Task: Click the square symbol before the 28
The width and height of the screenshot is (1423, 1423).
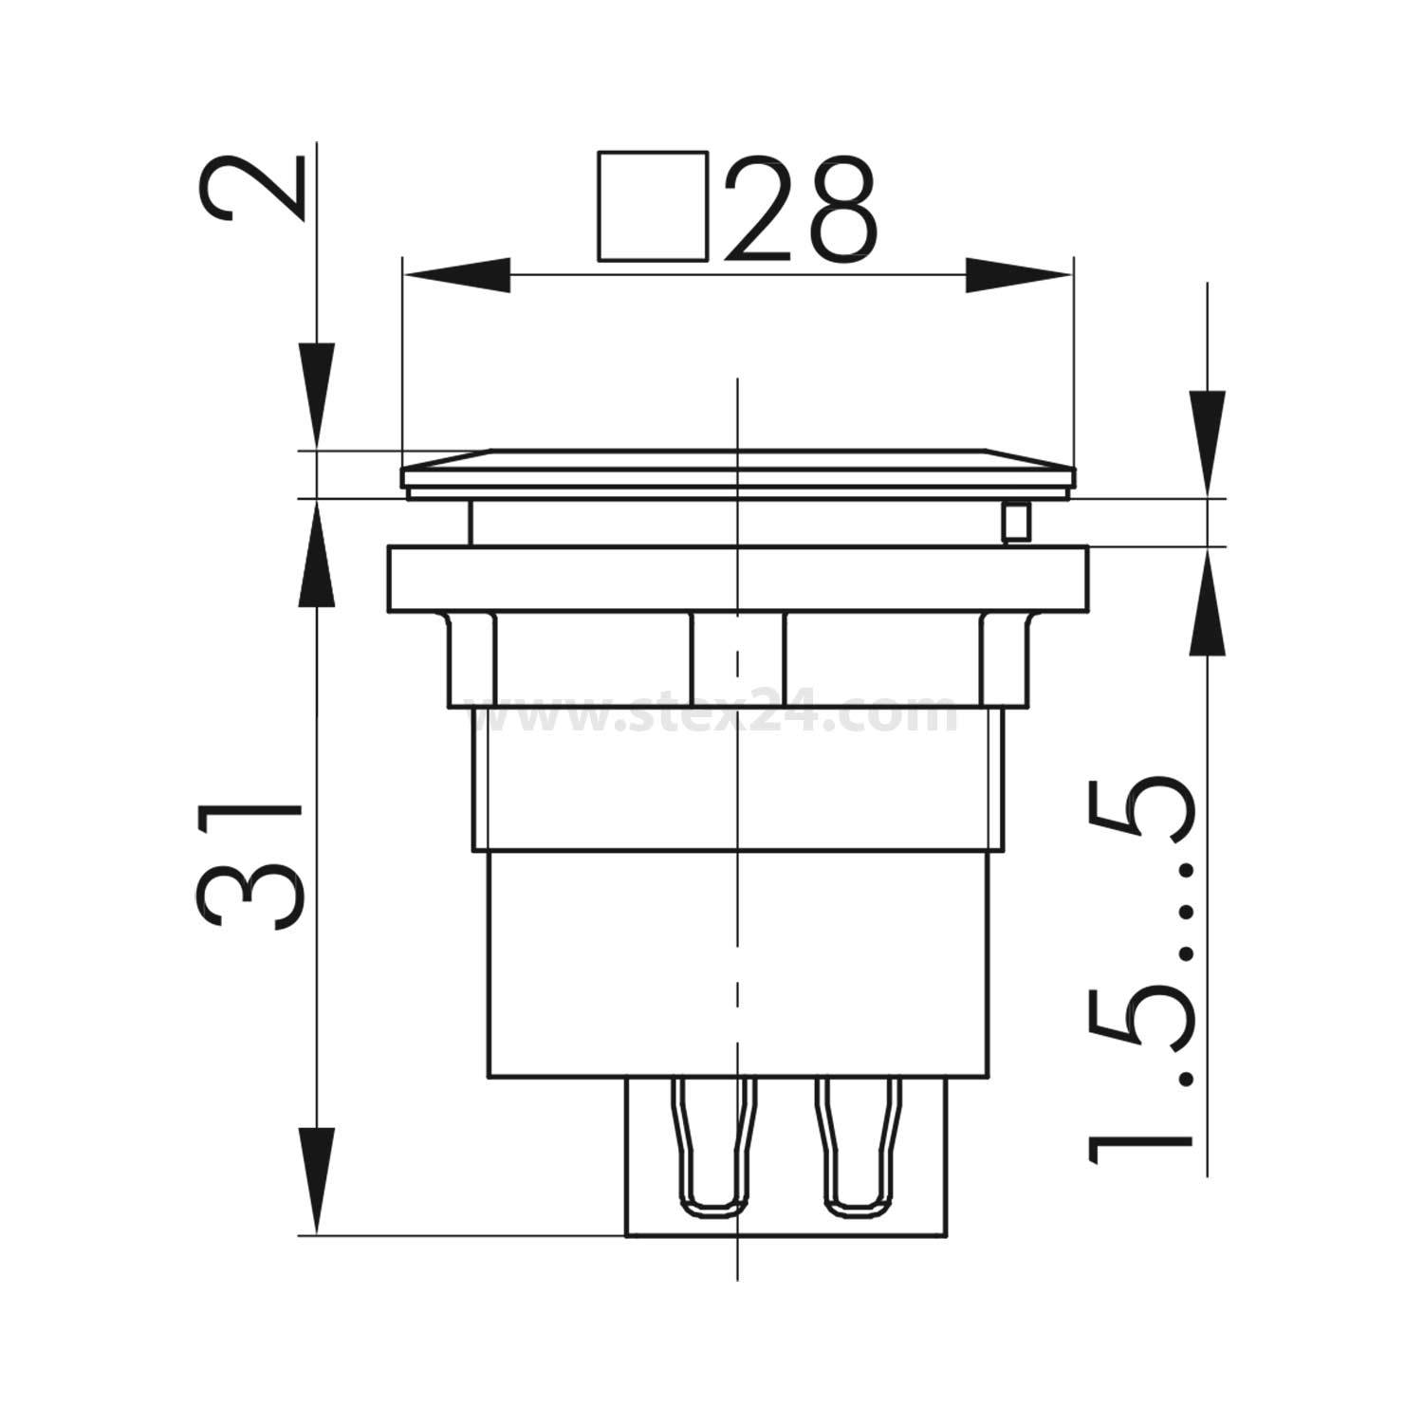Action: [653, 205]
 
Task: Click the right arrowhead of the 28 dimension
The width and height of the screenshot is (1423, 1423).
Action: [1020, 276]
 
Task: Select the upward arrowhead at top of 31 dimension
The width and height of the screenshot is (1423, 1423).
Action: [318, 555]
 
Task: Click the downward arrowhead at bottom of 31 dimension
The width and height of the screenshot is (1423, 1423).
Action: [318, 1181]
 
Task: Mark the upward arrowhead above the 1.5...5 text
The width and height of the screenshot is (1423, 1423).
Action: [1208, 602]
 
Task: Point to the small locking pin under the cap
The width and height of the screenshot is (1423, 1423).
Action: [1015, 522]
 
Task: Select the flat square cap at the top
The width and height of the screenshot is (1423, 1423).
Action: [737, 471]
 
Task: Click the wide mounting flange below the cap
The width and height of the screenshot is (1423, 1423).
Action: [737, 579]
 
